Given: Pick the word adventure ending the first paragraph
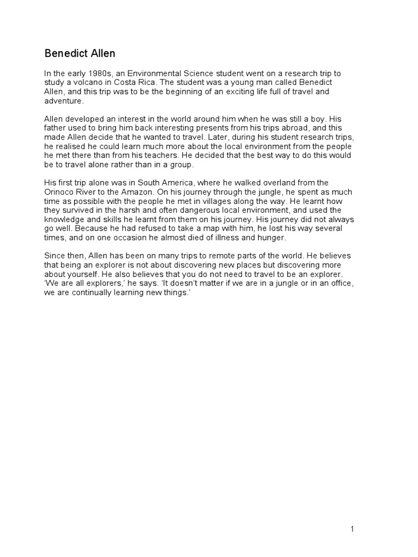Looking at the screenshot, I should point(64,101).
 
